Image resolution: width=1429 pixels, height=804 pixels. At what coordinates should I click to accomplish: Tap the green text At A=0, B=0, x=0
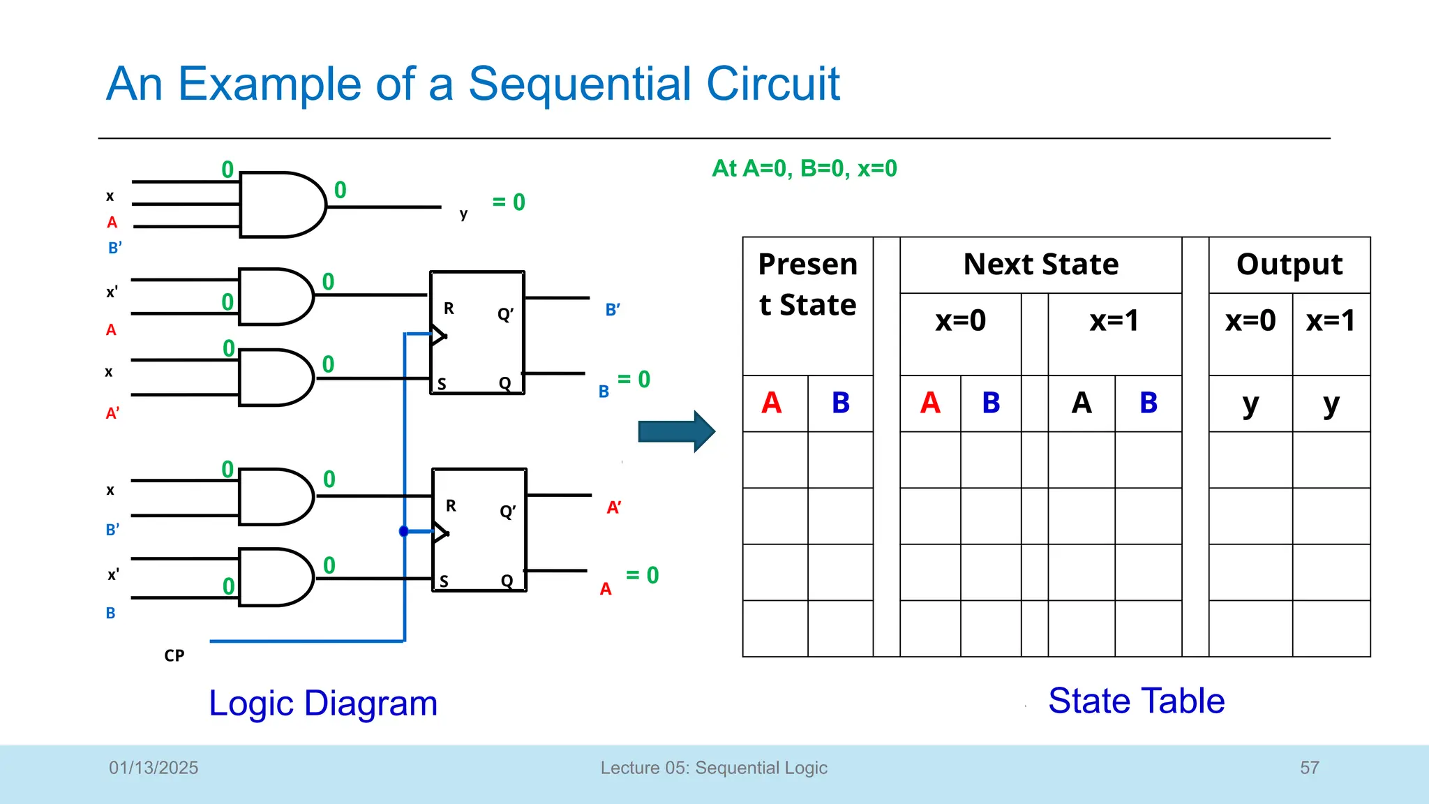point(804,168)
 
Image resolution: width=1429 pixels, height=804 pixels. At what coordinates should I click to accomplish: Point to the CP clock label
point(174,655)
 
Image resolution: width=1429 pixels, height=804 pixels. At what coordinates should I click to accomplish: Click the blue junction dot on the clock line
point(403,532)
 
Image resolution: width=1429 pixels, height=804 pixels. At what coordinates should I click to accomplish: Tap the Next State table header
point(1040,265)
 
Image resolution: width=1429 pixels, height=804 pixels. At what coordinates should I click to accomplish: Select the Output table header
point(1289,265)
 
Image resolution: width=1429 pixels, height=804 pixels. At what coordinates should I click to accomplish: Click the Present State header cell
point(807,285)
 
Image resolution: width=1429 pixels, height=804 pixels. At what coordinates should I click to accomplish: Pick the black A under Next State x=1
point(1081,403)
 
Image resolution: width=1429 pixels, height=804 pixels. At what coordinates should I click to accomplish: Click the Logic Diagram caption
point(322,703)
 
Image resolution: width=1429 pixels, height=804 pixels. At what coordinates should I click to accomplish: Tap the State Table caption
point(1136,701)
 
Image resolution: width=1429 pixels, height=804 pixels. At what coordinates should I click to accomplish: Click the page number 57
point(1309,768)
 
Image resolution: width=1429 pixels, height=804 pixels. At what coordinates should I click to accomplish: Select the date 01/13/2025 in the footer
point(154,768)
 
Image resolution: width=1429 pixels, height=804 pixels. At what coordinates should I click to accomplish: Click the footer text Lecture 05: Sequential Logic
point(713,768)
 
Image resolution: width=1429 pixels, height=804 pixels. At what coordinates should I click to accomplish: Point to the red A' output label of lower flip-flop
point(613,507)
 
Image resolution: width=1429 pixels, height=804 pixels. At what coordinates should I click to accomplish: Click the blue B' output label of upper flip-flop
point(613,310)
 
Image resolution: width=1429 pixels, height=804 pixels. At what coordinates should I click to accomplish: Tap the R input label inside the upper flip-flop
point(449,308)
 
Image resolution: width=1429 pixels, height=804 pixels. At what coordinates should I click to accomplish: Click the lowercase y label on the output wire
point(463,214)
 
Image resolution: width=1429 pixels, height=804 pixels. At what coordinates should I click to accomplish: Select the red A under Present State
point(771,403)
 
